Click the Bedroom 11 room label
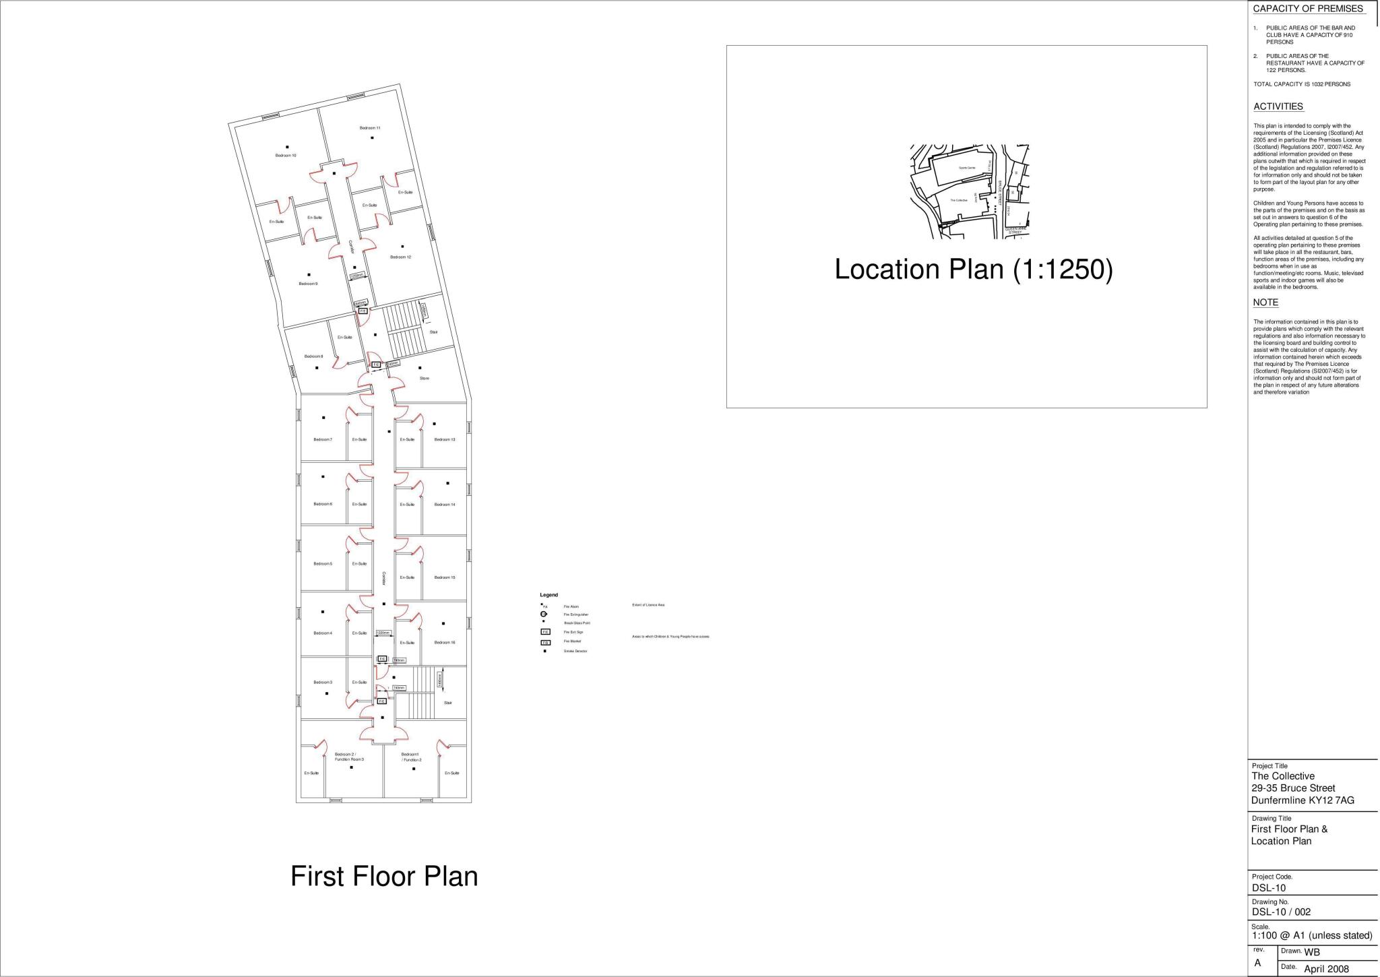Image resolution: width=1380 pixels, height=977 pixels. [x=370, y=128]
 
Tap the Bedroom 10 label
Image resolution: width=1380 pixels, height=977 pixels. [x=286, y=156]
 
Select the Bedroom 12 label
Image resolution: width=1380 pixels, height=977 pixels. [x=400, y=257]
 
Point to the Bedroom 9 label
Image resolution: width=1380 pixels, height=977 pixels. [x=308, y=284]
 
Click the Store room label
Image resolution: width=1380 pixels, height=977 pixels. [x=425, y=379]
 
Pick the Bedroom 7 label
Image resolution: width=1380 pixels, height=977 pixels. [x=323, y=440]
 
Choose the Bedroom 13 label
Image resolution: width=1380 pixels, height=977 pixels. [x=445, y=440]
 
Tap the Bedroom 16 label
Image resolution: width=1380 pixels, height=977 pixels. [x=445, y=643]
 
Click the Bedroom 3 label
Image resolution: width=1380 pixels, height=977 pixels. [x=323, y=683]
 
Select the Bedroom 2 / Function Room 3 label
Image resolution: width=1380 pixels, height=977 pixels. [x=349, y=757]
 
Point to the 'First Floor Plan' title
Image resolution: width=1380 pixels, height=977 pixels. [x=384, y=877]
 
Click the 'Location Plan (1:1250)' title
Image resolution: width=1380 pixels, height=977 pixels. [x=974, y=270]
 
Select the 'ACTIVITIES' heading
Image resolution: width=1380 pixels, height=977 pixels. [x=1278, y=106]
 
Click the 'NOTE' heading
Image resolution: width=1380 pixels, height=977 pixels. [x=1265, y=303]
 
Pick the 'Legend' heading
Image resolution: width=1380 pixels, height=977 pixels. [x=548, y=595]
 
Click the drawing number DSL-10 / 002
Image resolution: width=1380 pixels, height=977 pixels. [x=1281, y=912]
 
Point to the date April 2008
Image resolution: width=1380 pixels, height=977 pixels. [x=1327, y=969]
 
